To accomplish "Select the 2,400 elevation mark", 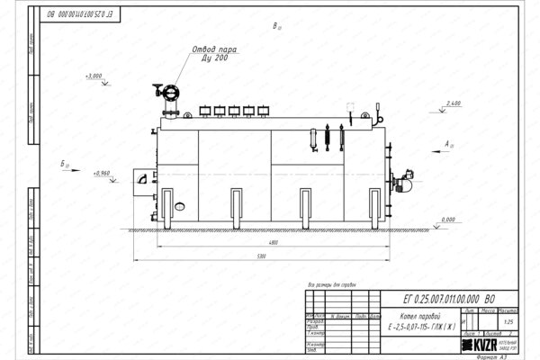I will pos(453,104).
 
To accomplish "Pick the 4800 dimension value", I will pos(259,244).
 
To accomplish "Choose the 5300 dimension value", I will pos(259,257).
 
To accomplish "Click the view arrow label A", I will pos(447,143).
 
